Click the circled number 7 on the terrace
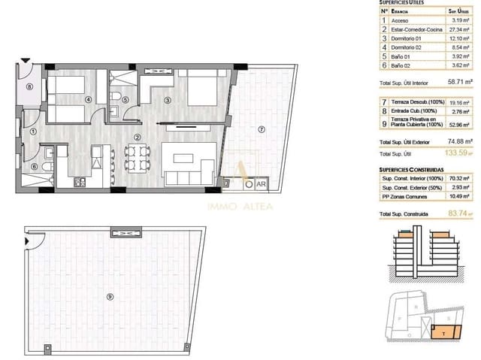(261, 129)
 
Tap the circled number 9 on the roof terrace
(110, 297)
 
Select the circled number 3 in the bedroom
(168, 101)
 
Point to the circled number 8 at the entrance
(29, 86)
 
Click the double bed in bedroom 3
(197, 92)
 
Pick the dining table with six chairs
(131, 157)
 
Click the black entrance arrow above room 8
(27, 59)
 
